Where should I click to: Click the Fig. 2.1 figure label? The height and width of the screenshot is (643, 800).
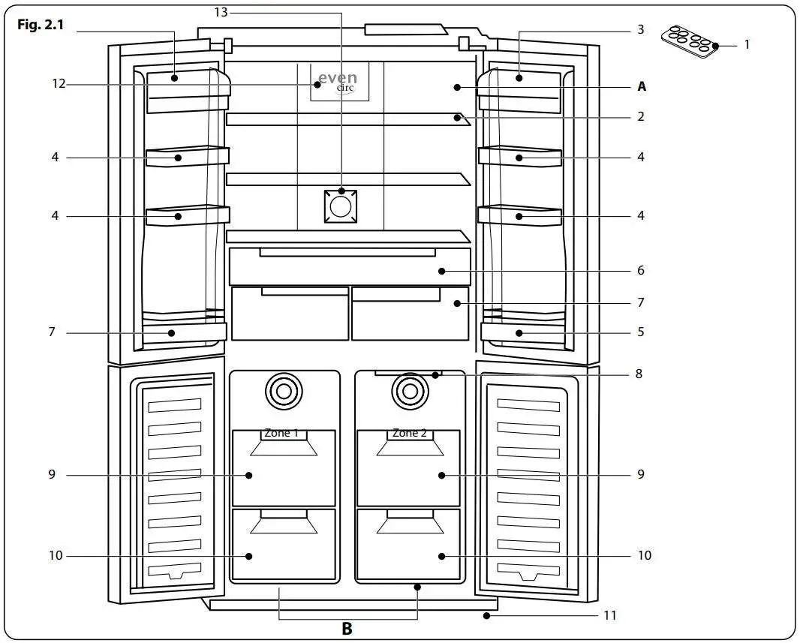pyautogui.click(x=41, y=25)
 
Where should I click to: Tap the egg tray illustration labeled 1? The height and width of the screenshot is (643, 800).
pyautogui.click(x=688, y=43)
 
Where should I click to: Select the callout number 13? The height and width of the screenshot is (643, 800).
pyautogui.click(x=221, y=13)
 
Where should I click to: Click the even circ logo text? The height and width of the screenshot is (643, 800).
pyautogui.click(x=338, y=81)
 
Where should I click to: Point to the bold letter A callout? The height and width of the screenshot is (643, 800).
pyautogui.click(x=642, y=87)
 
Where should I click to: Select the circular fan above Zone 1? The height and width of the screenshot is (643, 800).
pyautogui.click(x=284, y=390)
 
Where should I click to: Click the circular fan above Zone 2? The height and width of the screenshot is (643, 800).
pyautogui.click(x=409, y=390)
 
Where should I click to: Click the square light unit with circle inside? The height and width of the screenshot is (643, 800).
pyautogui.click(x=341, y=206)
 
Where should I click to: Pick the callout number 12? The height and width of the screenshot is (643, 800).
pyautogui.click(x=59, y=84)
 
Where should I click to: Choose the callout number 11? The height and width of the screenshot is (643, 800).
pyautogui.click(x=610, y=616)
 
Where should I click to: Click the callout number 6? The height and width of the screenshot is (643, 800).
pyautogui.click(x=640, y=270)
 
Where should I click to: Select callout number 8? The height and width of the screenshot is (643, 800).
pyautogui.click(x=639, y=374)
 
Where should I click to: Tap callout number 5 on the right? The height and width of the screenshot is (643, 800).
pyautogui.click(x=640, y=332)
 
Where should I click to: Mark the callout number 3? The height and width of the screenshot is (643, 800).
pyautogui.click(x=640, y=30)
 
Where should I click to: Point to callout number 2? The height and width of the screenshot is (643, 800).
pyautogui.click(x=640, y=117)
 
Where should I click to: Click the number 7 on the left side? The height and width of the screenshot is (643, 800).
pyautogui.click(x=52, y=332)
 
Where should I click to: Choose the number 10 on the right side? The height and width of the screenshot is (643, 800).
pyautogui.click(x=645, y=556)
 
